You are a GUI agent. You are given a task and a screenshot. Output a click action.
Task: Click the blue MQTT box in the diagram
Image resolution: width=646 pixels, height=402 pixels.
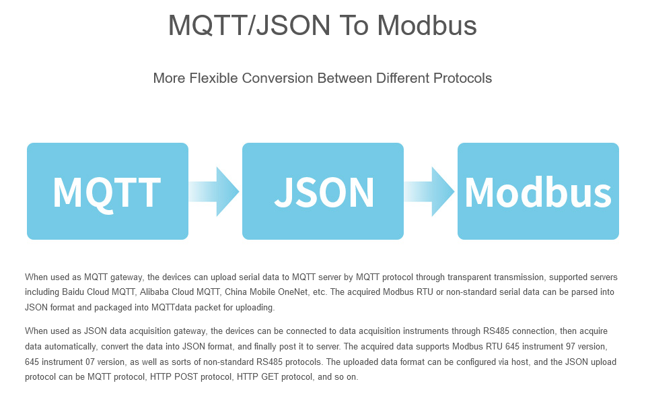tap(108, 191)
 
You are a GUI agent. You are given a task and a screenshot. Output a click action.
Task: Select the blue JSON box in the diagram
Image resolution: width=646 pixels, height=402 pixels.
tap(322, 191)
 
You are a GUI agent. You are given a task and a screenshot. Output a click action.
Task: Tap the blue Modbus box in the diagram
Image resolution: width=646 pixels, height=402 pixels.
tap(538, 191)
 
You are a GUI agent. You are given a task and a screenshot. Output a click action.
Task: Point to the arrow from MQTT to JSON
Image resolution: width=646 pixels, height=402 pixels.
tap(214, 191)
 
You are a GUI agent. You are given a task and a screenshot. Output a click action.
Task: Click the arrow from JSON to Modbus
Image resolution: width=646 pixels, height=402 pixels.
tap(429, 191)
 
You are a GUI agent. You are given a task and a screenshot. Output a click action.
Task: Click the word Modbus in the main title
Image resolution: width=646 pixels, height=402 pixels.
tap(427, 26)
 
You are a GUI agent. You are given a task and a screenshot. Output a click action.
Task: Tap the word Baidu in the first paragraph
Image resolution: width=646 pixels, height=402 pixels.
tap(73, 292)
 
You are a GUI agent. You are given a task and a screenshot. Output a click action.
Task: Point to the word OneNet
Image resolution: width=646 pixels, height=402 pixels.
tap(293, 292)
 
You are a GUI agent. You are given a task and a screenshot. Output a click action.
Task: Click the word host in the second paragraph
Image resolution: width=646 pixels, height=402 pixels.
tap(521, 362)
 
